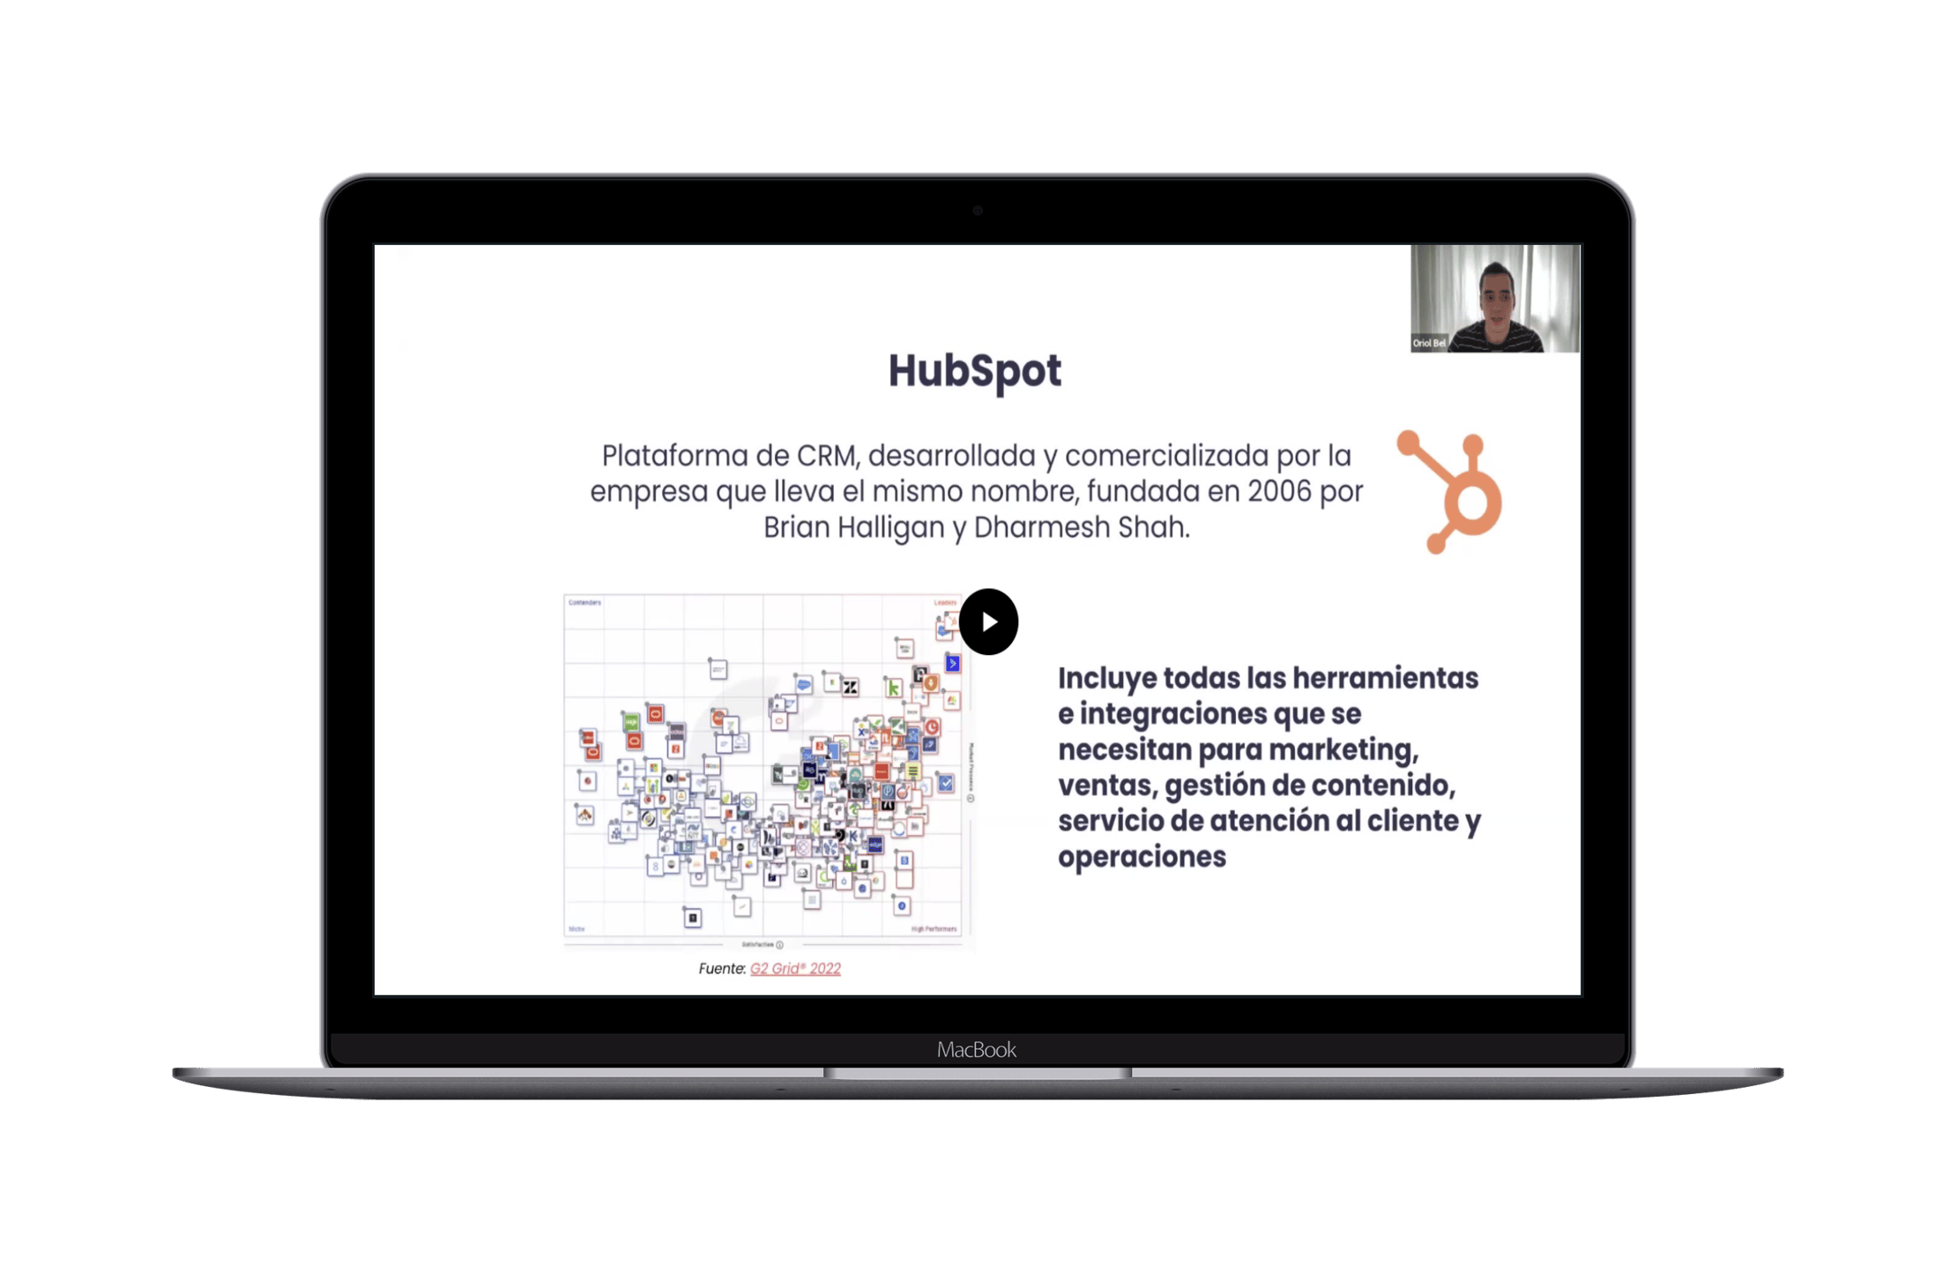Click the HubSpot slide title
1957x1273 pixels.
pos(974,370)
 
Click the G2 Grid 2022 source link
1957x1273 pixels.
pos(795,969)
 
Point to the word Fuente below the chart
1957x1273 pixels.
pos(721,969)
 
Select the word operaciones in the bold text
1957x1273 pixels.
pos(1142,857)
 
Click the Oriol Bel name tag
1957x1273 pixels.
pos(1429,343)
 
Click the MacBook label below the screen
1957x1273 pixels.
pos(977,1049)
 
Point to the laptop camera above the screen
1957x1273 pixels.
pos(978,211)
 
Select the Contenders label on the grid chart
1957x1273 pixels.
pos(584,603)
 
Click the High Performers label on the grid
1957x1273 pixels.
pos(934,929)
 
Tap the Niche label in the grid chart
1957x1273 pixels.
pos(577,929)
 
